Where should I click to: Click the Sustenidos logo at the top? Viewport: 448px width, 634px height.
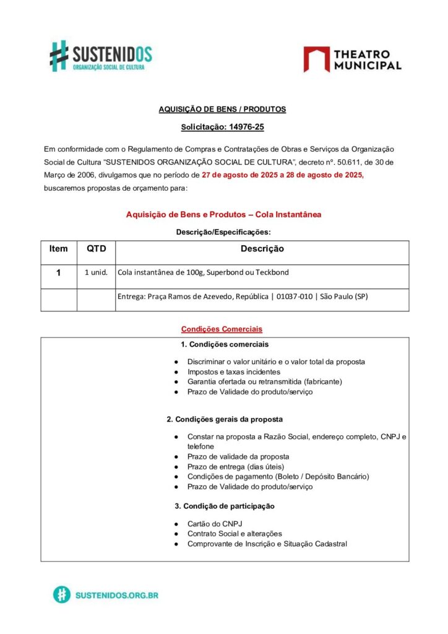pos(101,55)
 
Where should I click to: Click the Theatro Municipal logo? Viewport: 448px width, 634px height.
pos(352,59)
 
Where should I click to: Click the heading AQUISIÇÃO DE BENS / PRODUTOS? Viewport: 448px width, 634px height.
pos(222,109)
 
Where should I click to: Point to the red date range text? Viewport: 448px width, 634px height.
pos(283,176)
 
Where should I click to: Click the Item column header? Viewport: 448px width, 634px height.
pos(59,249)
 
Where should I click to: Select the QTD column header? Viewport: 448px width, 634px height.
pos(96,249)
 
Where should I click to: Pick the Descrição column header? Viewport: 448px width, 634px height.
pos(262,249)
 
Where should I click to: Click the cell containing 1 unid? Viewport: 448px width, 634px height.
pos(96,272)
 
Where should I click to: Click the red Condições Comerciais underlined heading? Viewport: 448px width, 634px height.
pos(222,329)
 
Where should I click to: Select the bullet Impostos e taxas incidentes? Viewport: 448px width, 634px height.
pos(234,372)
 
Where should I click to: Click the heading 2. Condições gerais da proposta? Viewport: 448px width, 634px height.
pos(225,419)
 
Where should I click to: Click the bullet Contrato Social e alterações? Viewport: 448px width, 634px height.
pos(235,534)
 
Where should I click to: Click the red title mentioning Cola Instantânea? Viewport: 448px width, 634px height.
pos(223,214)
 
